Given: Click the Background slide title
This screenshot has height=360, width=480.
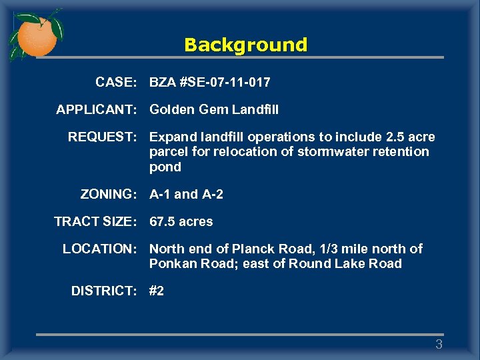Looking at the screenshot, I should coord(245,45).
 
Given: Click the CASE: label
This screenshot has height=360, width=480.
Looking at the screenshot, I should coord(116,83).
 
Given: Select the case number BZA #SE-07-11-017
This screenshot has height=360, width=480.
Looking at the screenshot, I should coord(210,83).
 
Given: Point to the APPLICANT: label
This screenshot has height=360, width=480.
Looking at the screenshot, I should coord(96,109).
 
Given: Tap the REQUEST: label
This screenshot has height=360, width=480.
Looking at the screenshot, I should coord(102,137).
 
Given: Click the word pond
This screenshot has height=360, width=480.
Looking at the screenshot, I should coord(165,167).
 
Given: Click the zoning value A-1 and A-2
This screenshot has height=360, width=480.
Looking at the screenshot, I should coord(187,195).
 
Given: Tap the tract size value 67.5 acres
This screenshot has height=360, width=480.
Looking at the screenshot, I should coord(181,221).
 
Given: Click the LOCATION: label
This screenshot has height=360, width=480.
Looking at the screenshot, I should coord(99,249).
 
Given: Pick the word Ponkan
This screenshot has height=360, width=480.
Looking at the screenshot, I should coord(171,264).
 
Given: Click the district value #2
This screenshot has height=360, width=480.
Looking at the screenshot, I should coord(157,291).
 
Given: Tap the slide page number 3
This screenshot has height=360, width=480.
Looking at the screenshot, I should coord(439,345).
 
